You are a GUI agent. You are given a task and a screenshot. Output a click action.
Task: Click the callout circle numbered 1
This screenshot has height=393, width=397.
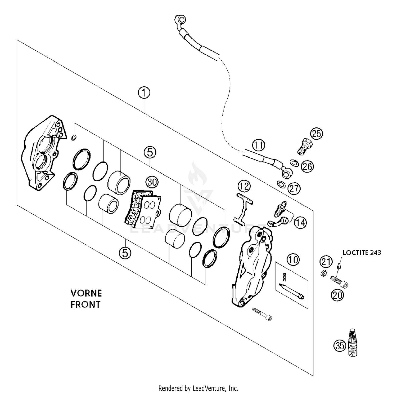click(144, 93)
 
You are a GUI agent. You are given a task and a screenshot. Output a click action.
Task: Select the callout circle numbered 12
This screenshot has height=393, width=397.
click(244, 186)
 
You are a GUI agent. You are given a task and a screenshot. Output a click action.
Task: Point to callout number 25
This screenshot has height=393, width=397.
click(317, 134)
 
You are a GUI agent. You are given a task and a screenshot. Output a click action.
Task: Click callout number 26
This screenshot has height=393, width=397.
click(307, 166)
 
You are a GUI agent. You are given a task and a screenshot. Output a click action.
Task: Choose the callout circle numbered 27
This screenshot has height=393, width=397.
click(294, 189)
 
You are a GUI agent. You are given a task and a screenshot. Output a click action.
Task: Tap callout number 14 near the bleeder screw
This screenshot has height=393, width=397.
click(300, 223)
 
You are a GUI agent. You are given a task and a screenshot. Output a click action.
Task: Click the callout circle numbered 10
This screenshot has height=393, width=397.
click(293, 260)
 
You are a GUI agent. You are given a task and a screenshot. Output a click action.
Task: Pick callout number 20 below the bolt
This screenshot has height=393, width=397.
click(337, 295)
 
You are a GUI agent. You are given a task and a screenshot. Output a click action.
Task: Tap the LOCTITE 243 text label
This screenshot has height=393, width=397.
click(362, 253)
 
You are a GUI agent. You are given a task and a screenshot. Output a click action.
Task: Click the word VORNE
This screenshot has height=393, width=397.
click(86, 293)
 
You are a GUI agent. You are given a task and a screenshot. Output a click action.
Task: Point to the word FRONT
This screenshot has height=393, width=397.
click(85, 304)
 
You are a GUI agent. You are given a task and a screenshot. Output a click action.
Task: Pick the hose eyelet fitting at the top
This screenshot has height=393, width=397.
click(180, 20)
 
